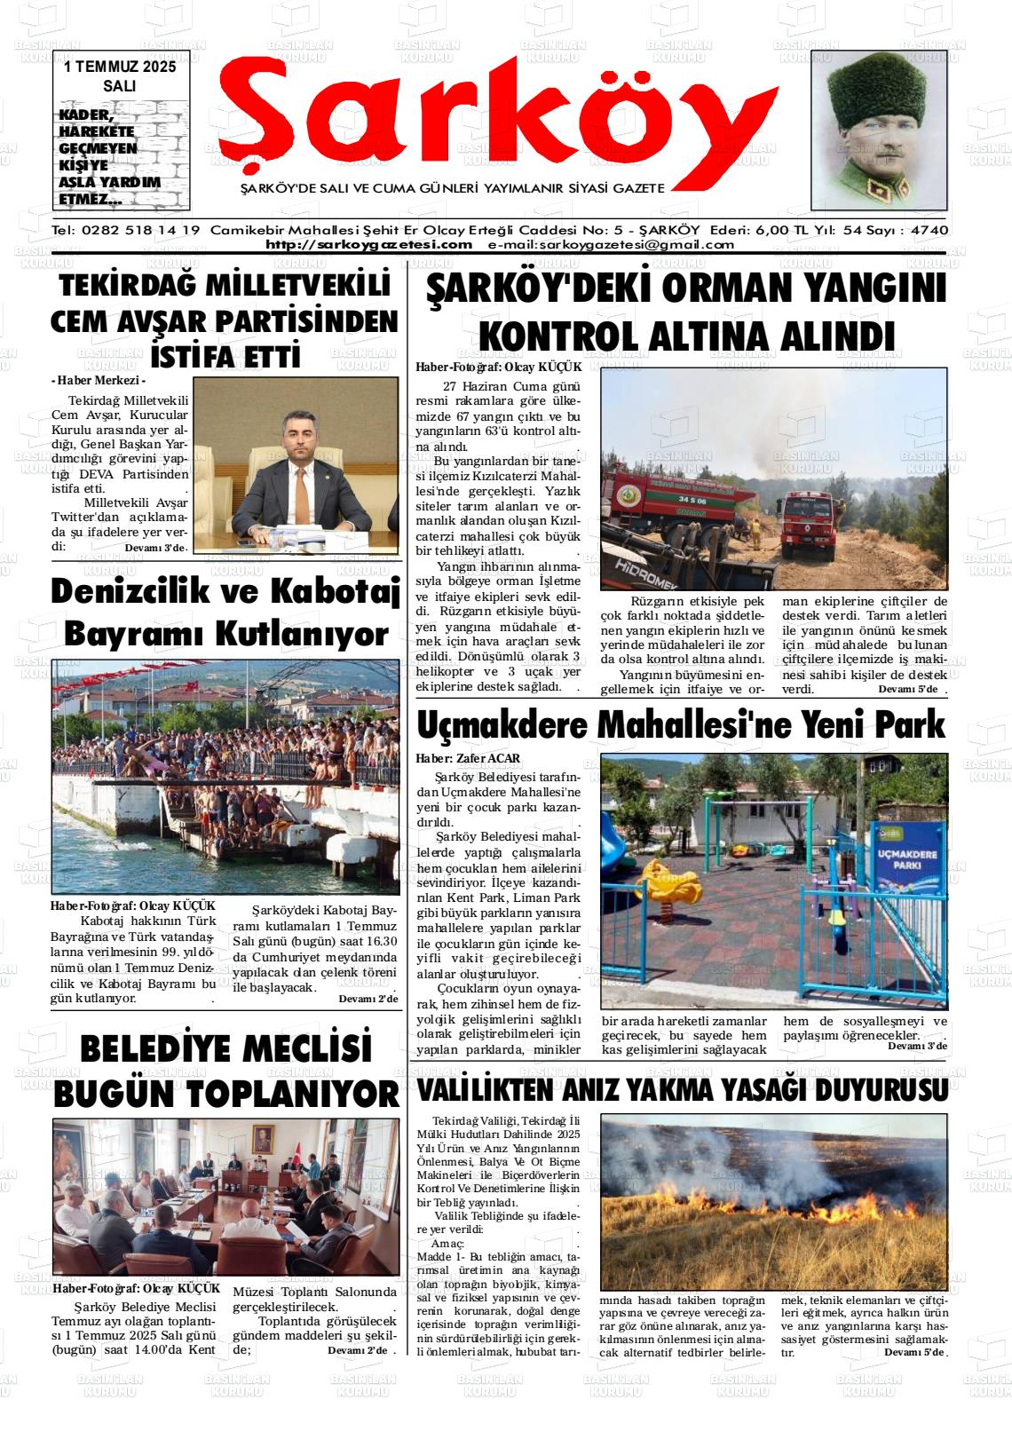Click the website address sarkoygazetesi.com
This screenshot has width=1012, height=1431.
[368, 245]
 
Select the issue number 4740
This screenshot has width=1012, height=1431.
[929, 230]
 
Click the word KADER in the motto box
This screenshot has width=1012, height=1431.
[85, 115]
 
